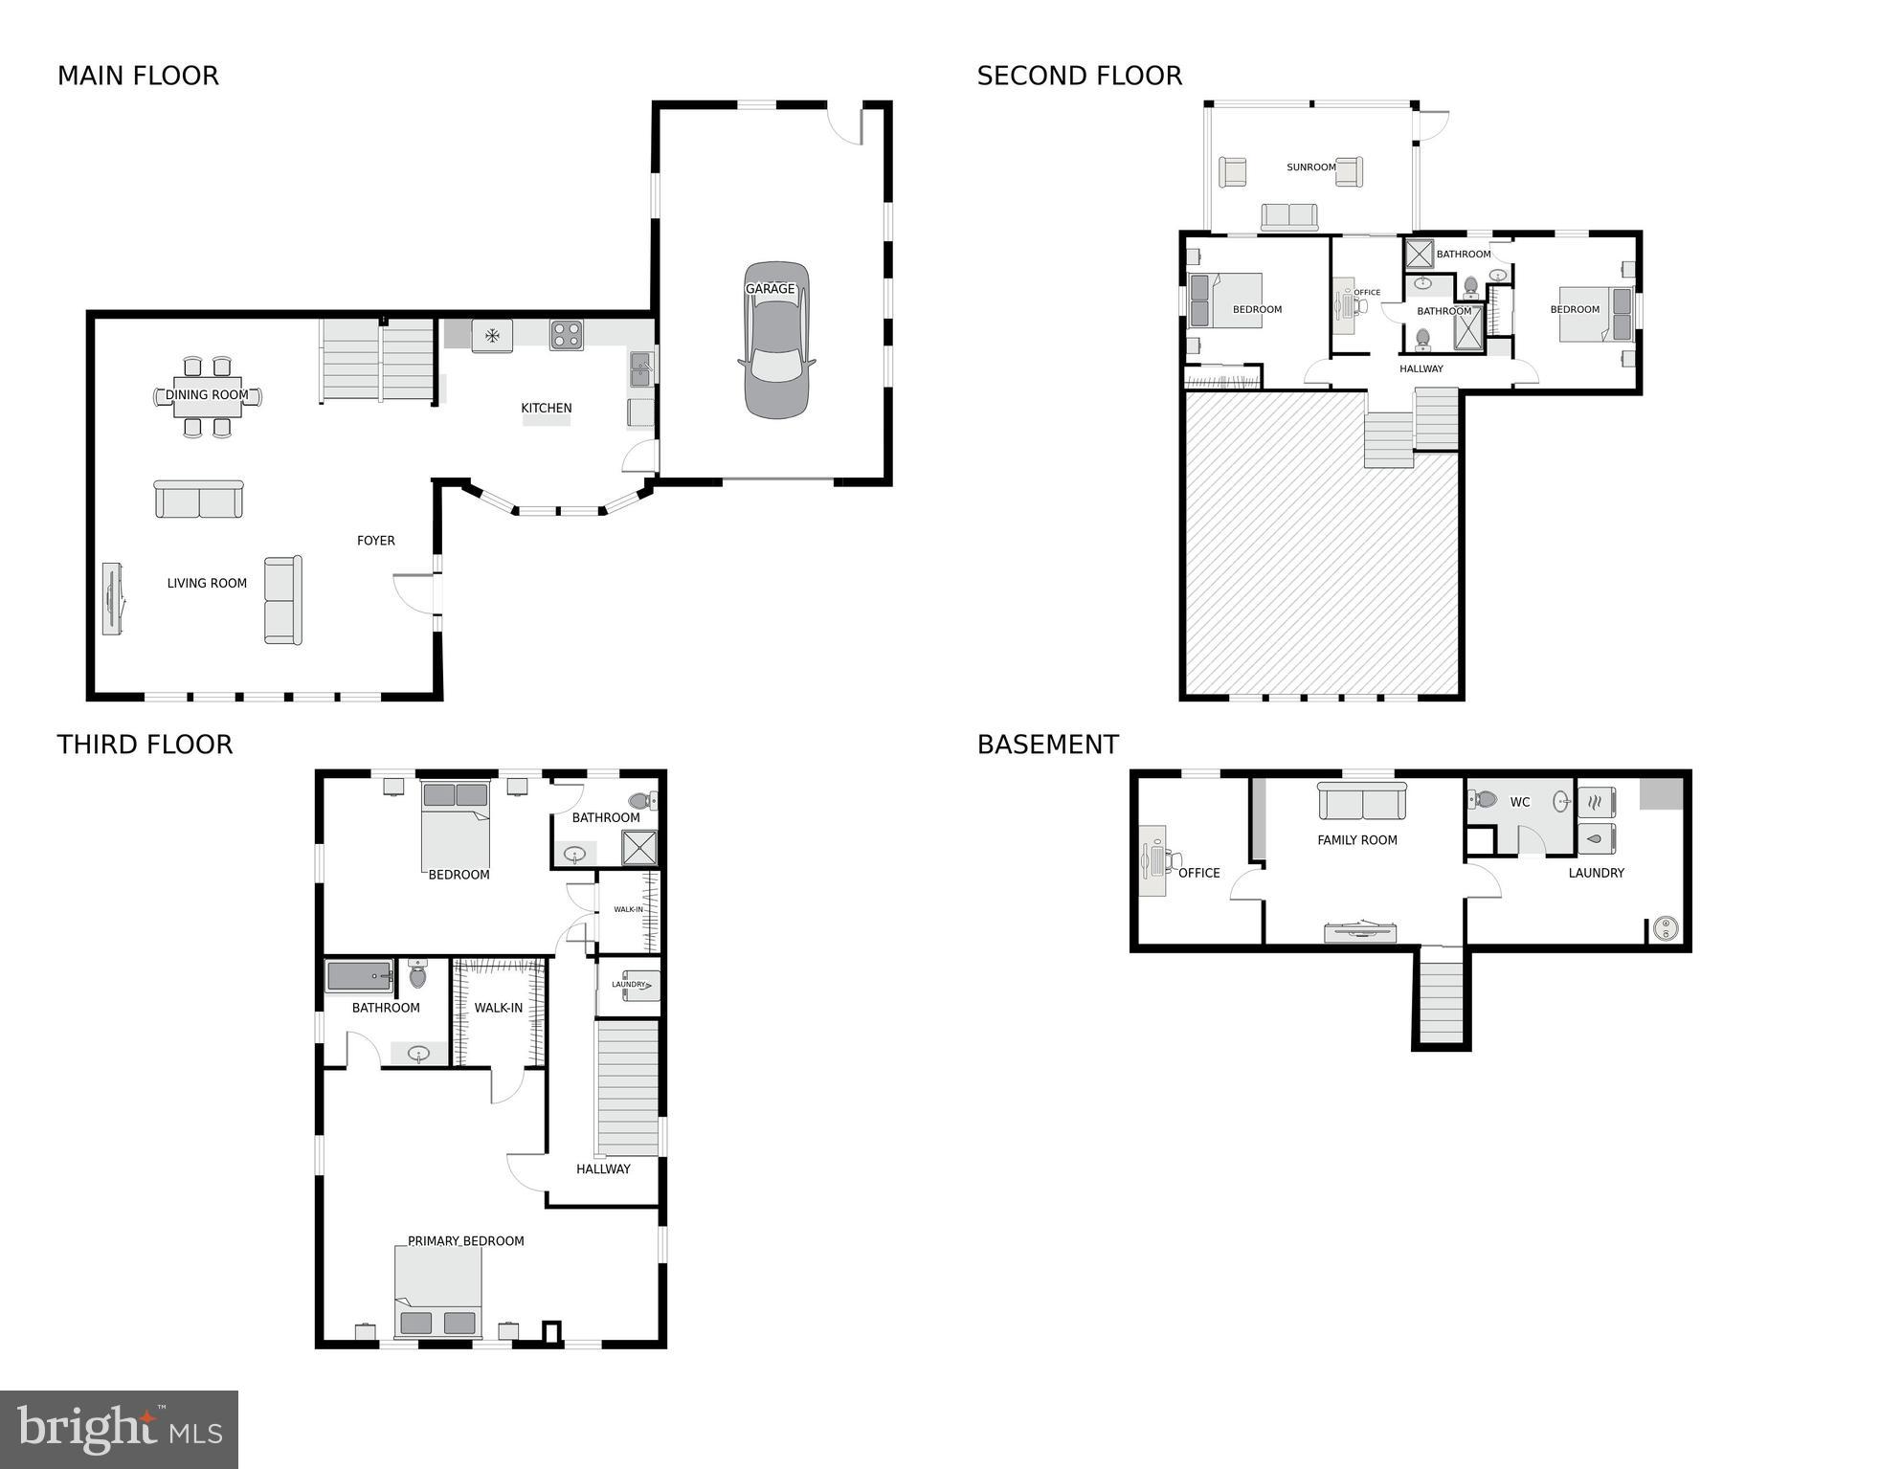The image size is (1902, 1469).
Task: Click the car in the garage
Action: (776, 341)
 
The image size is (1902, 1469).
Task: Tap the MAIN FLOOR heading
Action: (138, 76)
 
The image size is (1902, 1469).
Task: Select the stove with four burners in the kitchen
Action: (566, 335)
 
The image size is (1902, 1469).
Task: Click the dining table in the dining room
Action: (207, 396)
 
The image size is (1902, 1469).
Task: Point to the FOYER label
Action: (375, 541)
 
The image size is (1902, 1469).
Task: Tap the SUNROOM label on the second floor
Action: (1310, 167)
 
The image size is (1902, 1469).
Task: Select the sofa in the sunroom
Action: (1288, 217)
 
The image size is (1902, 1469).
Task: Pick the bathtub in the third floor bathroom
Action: (360, 977)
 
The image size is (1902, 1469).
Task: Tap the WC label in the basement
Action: (1519, 802)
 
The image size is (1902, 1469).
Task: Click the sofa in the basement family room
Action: (1362, 801)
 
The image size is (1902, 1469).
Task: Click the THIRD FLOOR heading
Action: (145, 745)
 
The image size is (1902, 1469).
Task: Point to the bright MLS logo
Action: (119, 1429)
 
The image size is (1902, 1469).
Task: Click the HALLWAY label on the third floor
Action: (603, 1169)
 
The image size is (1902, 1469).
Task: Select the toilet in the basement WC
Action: (1483, 798)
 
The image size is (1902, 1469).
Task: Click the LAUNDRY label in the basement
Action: (1596, 873)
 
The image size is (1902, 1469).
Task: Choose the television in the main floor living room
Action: (113, 598)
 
